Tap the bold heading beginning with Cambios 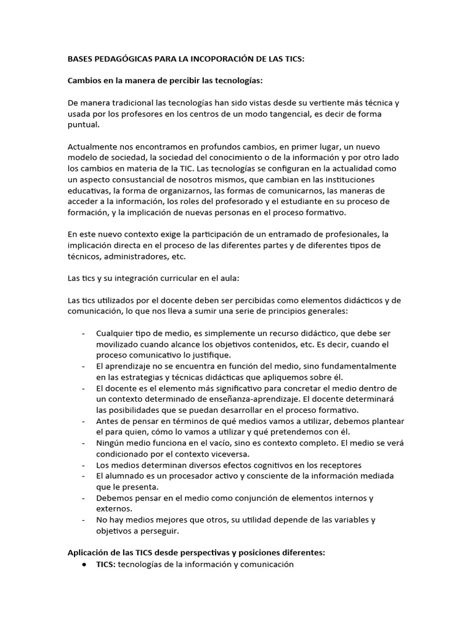(174, 81)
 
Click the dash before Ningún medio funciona (83, 443)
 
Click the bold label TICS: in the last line (105, 564)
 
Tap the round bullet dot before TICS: (83, 564)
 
